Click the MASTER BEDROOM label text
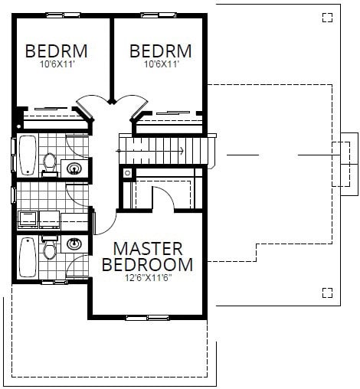148,257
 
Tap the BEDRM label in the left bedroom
56,51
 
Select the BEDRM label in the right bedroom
160,51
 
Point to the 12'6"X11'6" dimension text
148,278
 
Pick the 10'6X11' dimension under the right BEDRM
160,65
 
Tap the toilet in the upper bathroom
51,163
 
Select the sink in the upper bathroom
75,168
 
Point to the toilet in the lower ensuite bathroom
51,250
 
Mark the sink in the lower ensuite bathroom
74,244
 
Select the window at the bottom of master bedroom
148,316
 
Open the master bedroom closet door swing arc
163,198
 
